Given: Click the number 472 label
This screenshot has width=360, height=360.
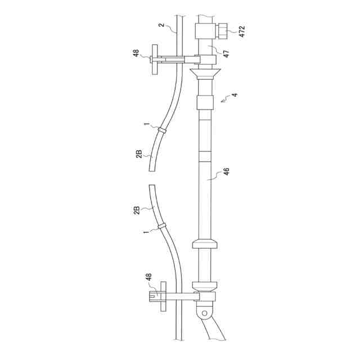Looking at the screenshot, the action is tap(242, 31).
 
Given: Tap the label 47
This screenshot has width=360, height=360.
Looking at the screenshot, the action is tap(226, 53).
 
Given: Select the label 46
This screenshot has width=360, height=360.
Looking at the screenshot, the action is tap(226, 172).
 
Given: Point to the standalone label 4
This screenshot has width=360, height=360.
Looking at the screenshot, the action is tap(235, 94).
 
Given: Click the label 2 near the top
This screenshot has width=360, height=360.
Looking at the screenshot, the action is tap(162, 25).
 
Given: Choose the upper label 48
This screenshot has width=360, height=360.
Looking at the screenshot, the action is tap(136, 53).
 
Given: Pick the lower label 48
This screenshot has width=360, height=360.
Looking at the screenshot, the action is tap(148, 277).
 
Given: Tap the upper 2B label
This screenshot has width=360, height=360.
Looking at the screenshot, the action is tap(139, 154).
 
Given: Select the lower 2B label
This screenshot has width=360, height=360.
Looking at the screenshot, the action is tap(137, 210).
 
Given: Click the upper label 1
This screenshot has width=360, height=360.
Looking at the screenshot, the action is tap(146, 124).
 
